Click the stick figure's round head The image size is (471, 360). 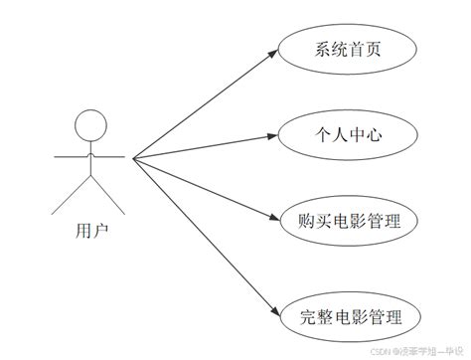pyautogui.click(x=90, y=125)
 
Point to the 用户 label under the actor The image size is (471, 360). pyautogui.click(x=91, y=230)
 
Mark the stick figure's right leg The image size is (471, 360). pyautogui.click(x=108, y=197)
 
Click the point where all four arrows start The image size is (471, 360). pyautogui.click(x=132, y=157)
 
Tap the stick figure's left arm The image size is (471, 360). pyautogui.click(x=71, y=157)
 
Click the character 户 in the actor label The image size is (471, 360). pyautogui.click(x=101, y=230)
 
